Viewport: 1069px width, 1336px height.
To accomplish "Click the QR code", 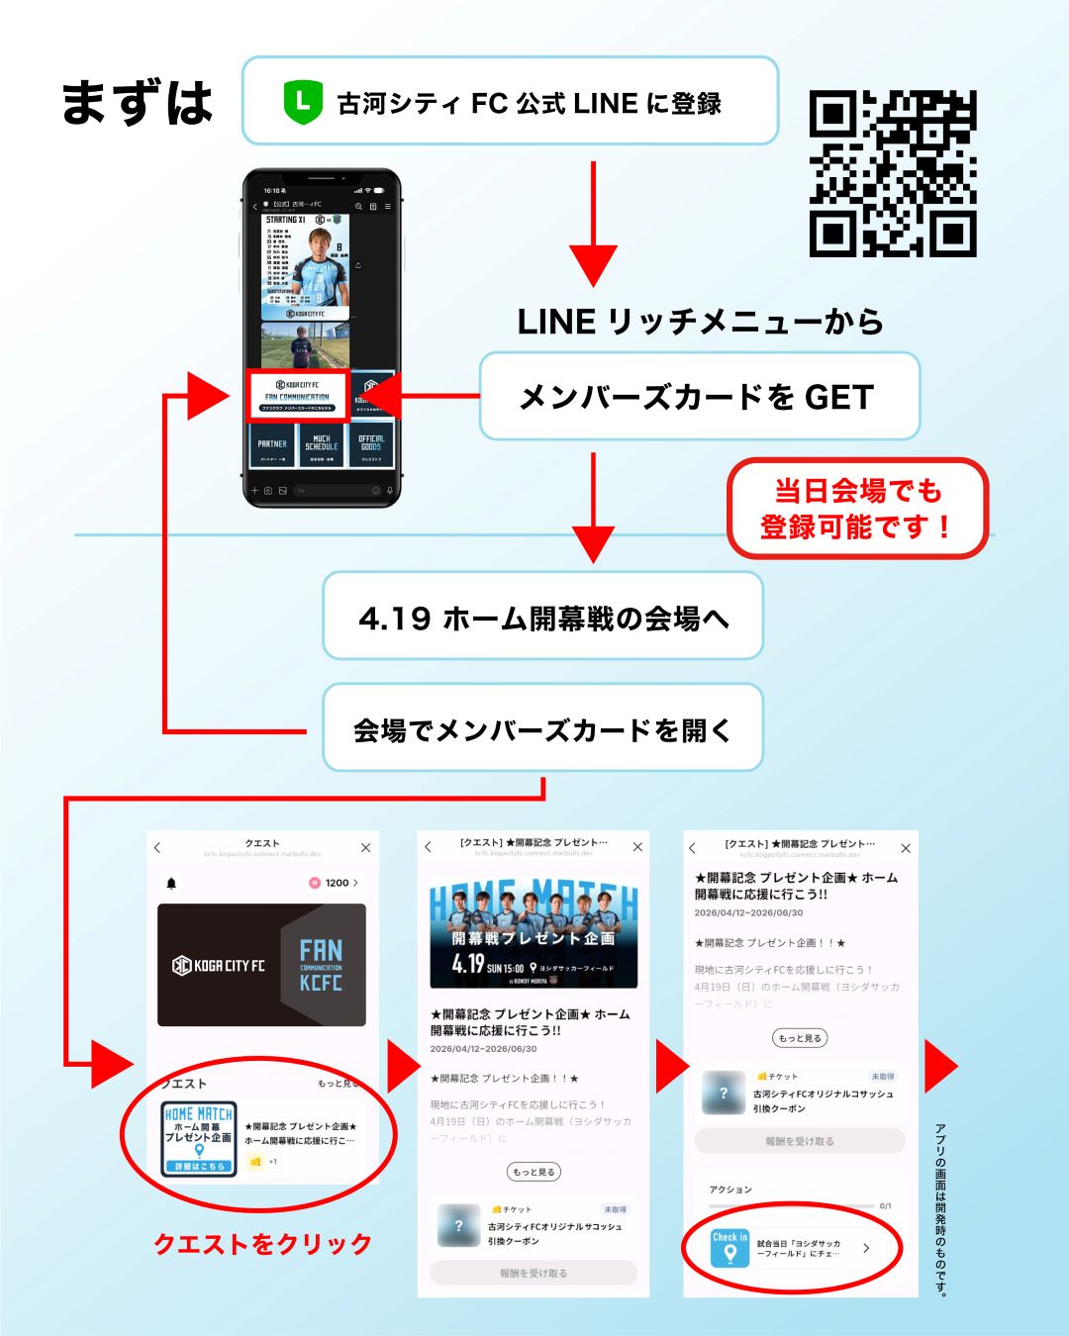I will tap(893, 174).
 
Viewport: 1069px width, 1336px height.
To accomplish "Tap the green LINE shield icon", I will tap(303, 102).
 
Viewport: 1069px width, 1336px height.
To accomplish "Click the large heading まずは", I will tap(137, 103).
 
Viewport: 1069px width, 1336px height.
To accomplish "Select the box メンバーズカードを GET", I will tap(699, 397).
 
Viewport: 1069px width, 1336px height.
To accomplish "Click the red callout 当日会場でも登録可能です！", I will tap(857, 508).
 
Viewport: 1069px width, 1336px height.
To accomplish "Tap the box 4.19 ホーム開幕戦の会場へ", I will tap(542, 617).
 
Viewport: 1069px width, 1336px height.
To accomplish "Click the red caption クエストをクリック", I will tap(262, 1244).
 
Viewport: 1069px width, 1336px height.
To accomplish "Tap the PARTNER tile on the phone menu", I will tap(272, 445).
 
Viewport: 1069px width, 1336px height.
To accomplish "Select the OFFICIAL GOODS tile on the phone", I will tap(371, 445).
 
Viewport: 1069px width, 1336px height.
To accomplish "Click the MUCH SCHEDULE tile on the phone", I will tap(322, 445).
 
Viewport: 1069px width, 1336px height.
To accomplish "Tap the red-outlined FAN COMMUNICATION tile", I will tap(297, 394).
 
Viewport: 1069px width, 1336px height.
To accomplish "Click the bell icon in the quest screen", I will tap(171, 883).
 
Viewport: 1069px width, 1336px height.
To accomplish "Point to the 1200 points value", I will tap(337, 883).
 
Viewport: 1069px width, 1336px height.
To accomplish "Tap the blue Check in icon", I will tap(730, 1248).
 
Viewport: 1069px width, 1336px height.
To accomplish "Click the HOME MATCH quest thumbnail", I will tap(199, 1139).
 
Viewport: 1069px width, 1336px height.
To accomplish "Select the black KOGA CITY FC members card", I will tap(261, 965).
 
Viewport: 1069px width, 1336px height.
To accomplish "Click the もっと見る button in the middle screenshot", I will tap(534, 1172).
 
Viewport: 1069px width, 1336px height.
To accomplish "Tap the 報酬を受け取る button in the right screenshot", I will tap(800, 1141).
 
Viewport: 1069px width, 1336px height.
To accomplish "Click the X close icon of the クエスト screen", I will tap(365, 848).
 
